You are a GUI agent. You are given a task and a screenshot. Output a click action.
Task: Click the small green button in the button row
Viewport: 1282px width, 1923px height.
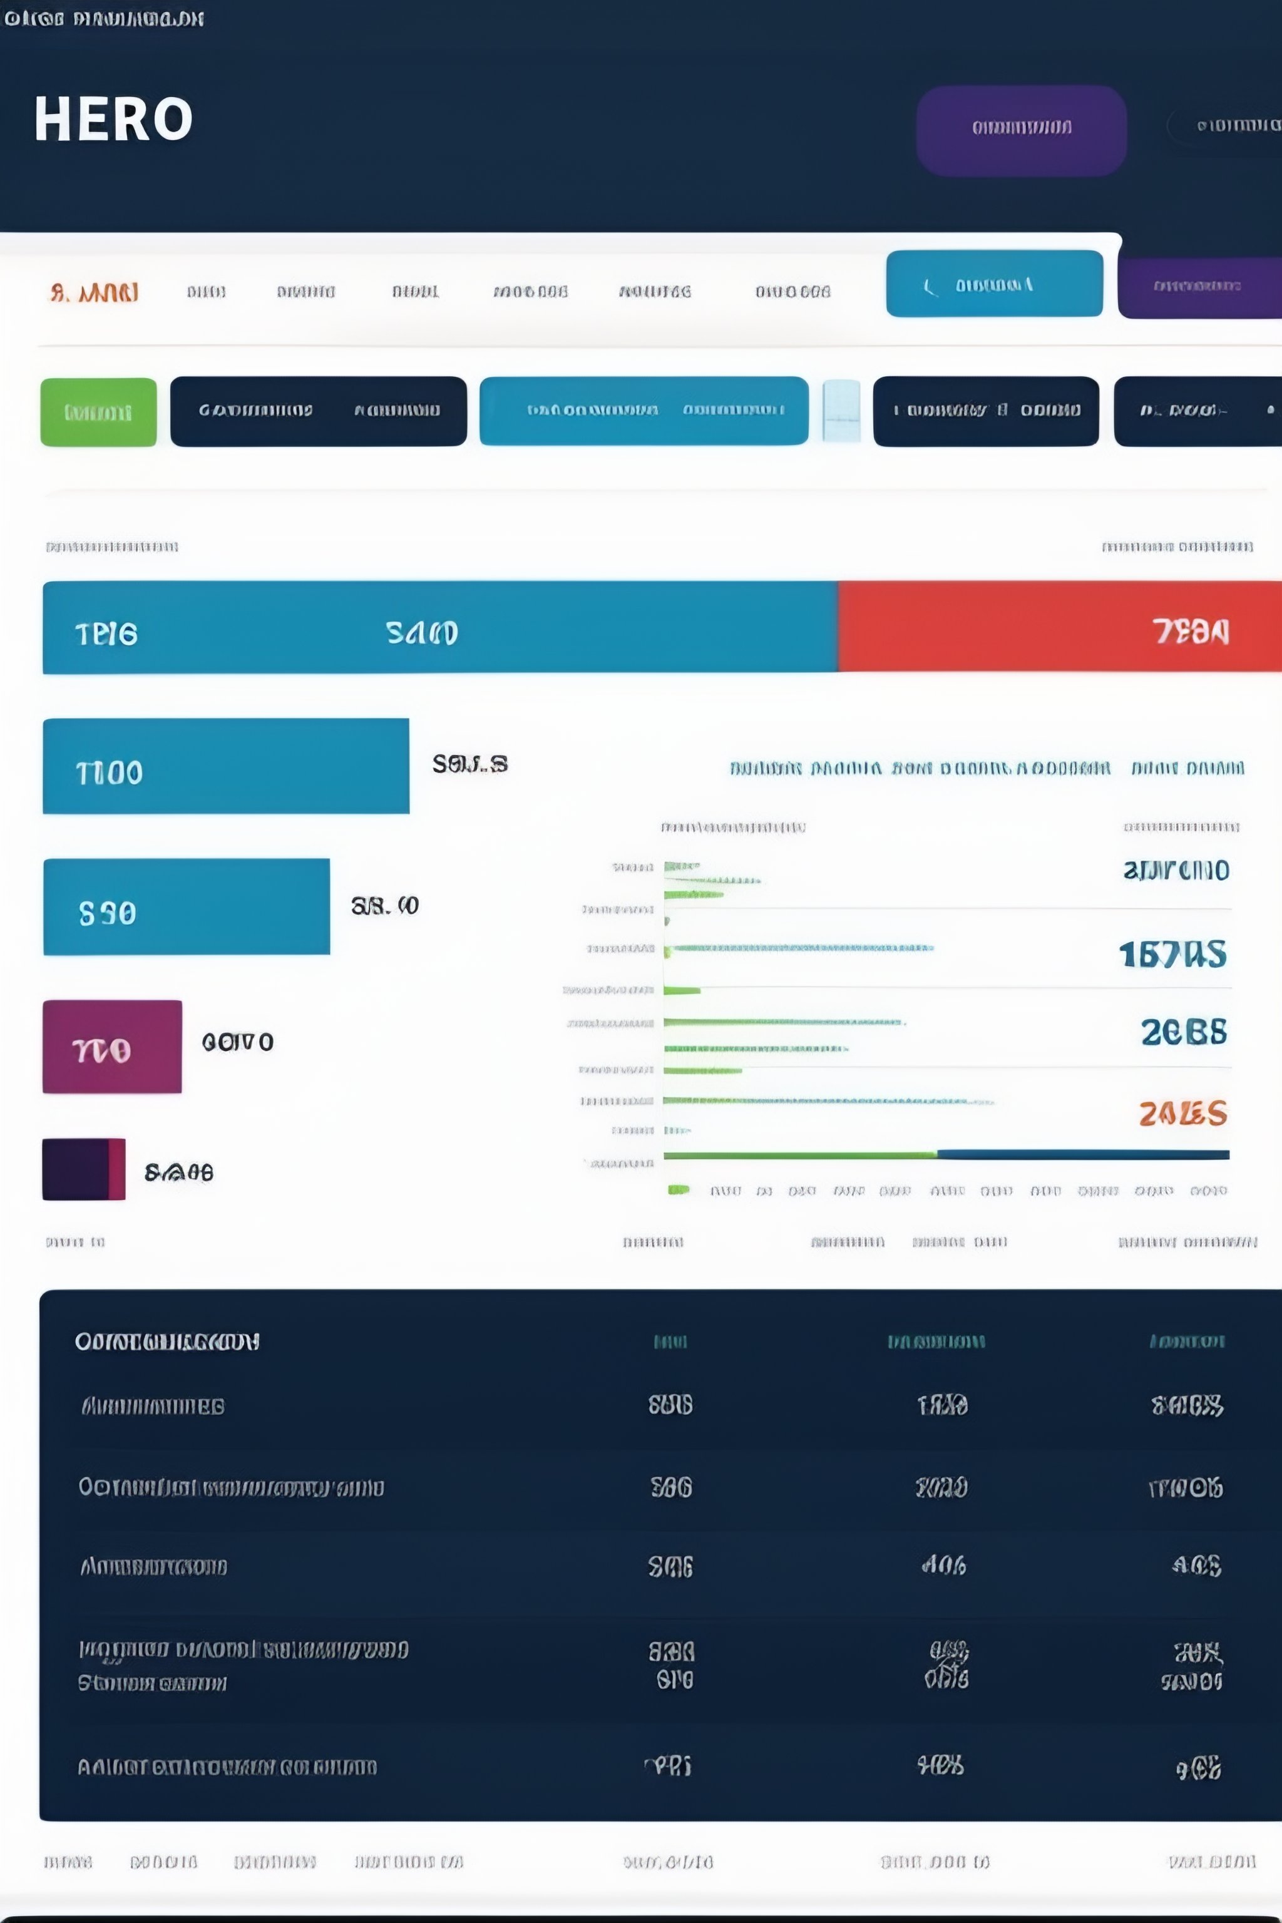click(98, 411)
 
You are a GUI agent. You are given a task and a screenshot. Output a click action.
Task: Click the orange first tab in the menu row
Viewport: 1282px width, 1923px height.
click(94, 292)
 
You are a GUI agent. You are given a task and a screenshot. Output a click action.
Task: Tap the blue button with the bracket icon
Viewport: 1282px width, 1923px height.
click(993, 284)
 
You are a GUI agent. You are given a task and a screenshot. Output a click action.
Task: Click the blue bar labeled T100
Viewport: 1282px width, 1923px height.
click(225, 766)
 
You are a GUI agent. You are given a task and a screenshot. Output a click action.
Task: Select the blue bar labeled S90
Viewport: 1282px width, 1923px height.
click(187, 906)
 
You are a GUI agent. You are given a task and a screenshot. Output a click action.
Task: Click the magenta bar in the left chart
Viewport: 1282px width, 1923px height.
click(112, 1047)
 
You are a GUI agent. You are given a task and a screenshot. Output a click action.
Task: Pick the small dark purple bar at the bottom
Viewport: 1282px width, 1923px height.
click(83, 1169)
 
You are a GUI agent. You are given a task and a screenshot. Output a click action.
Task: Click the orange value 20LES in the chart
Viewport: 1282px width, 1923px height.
click(1182, 1113)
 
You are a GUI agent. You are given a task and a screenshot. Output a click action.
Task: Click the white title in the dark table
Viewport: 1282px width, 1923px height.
click(167, 1341)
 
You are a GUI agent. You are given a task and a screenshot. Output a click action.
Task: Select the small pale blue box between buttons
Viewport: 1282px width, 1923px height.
click(841, 411)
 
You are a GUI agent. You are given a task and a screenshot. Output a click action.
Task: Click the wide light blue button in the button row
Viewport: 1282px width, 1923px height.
click(644, 411)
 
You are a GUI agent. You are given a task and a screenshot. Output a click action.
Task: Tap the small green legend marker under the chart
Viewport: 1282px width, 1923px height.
click(678, 1189)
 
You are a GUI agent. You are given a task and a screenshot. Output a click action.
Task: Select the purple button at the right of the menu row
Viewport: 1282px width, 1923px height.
click(1197, 285)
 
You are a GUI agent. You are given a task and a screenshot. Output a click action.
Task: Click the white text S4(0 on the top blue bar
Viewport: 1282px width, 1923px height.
click(421, 633)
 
